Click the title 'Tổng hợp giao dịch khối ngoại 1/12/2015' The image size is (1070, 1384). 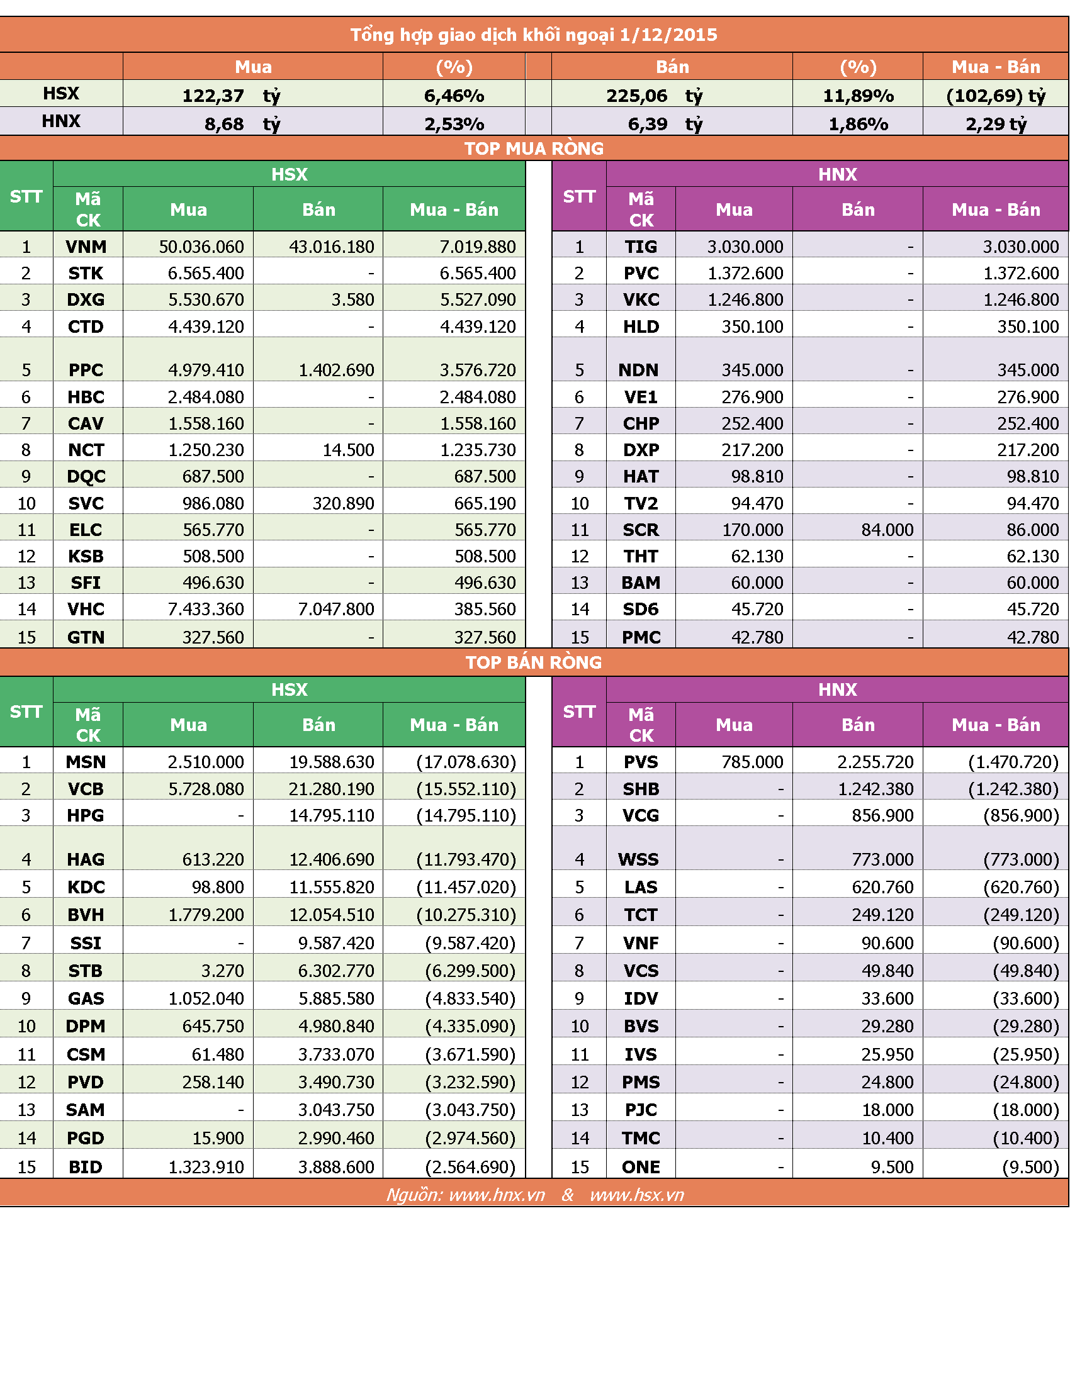534,35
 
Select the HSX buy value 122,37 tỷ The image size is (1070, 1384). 232,96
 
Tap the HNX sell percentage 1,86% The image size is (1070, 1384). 859,123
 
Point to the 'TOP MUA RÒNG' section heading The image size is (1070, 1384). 534,148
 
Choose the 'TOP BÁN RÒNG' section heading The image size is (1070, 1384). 534,662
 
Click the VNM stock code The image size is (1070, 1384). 86,247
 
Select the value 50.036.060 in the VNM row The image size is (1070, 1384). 201,247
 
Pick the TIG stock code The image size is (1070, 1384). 641,247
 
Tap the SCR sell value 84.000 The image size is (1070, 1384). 887,530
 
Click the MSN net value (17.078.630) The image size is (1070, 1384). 466,762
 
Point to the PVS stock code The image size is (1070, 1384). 641,762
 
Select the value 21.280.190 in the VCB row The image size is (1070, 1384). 332,789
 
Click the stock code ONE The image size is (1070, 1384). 641,1166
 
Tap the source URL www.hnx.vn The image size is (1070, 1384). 497,1195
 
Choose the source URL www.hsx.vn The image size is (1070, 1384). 637,1195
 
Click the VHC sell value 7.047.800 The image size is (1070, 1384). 336,609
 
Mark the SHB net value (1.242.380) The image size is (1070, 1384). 1013,789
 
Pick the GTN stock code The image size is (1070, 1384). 86,637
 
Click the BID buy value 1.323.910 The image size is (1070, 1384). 206,1166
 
